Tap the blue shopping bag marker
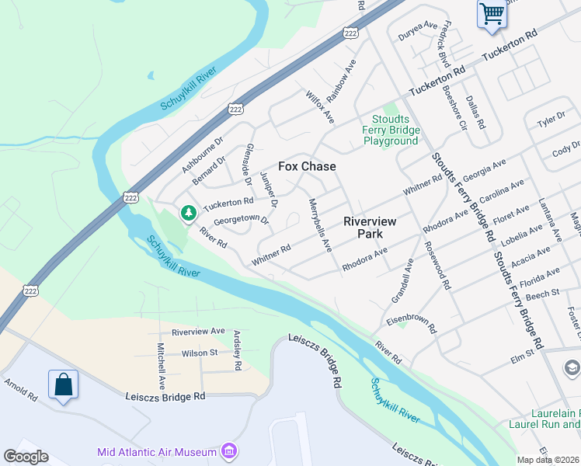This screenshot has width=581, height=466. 63,384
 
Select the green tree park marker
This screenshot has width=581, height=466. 187,212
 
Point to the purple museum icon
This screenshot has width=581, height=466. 228,451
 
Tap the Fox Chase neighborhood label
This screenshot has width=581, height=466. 307,166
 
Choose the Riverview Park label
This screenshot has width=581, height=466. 370,227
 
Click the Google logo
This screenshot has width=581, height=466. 26,456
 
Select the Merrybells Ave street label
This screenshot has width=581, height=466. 320,224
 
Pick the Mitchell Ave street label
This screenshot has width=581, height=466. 162,367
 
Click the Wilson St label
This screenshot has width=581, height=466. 200,353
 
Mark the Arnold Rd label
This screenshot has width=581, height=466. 20,390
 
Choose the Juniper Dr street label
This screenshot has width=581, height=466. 269,189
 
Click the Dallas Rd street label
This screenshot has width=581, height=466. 475,113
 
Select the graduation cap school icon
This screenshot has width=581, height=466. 572,367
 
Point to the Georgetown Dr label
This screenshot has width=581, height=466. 241,221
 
